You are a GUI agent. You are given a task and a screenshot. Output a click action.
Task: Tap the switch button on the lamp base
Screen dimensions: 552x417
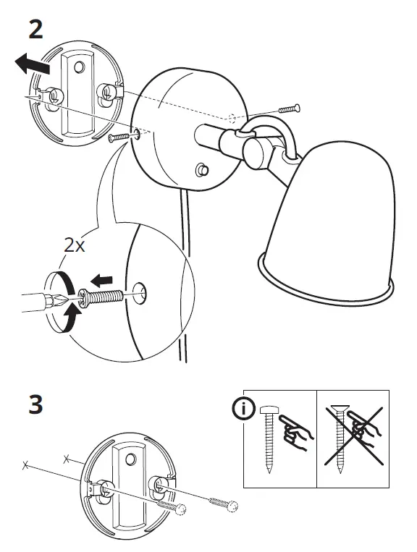click(202, 171)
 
